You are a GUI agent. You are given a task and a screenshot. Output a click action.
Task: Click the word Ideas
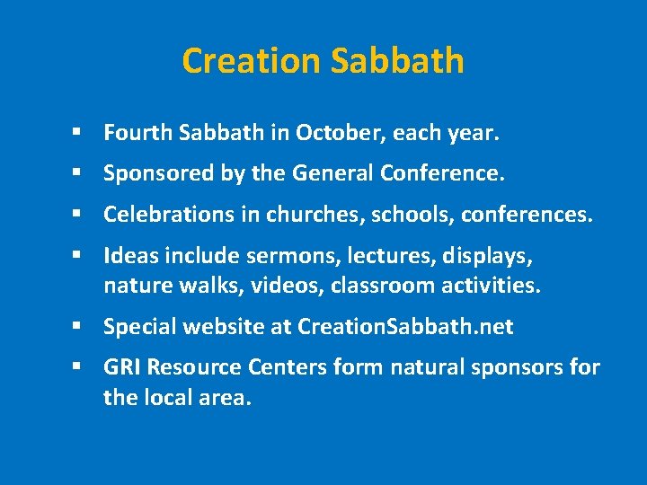coord(126,256)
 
